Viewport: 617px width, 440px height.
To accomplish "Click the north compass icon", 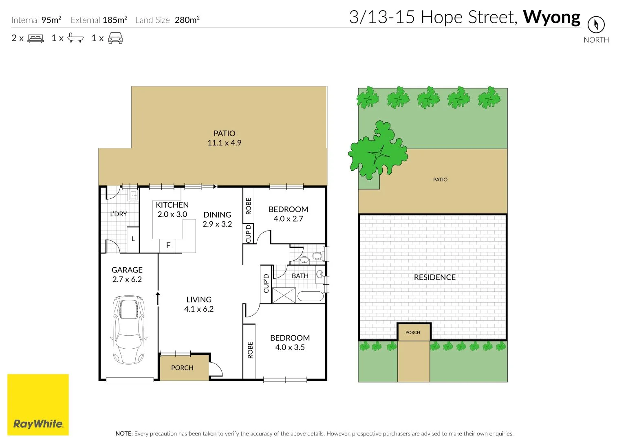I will coord(596,25).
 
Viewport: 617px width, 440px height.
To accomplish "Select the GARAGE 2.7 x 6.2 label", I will coord(127,275).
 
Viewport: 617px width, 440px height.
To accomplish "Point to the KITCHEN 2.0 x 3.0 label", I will coord(172,209).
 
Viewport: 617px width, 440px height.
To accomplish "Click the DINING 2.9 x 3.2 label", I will coord(217,219).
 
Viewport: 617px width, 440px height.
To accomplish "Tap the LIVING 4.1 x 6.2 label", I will coord(199,304).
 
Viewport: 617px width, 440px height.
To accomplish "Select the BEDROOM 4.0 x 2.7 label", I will coord(288,214).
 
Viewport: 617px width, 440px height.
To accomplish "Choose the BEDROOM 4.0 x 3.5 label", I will coord(290,342).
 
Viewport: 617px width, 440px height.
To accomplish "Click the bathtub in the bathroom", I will coord(310,296).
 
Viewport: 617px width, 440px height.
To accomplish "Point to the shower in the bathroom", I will coord(284,295).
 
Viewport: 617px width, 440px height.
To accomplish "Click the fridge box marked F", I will coord(168,246).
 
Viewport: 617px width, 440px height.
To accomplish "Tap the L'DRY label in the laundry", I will coord(119,214).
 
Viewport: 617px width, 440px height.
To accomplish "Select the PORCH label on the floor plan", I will coord(182,367).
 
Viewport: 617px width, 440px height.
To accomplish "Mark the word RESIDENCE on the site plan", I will coord(434,277).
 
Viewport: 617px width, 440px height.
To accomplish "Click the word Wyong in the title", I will coord(551,17).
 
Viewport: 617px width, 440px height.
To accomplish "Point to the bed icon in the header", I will coord(35,38).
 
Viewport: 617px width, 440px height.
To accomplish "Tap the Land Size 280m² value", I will coord(187,20).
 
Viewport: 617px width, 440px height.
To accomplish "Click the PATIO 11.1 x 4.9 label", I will coord(224,138).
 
